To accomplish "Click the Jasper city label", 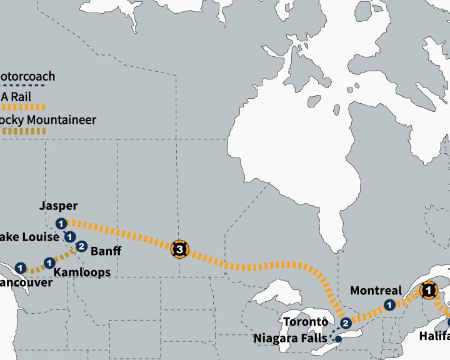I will coord(58,206).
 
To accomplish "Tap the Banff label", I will coord(106,252).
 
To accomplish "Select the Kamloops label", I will coord(82,272).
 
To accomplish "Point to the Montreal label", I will coord(376,291).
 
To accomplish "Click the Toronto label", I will coord(306,322).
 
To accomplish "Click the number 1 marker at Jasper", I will coord(61,224).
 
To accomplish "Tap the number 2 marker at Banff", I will coord(81,247).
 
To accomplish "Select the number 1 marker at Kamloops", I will coord(49,262).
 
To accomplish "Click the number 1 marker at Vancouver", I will coord(21,268).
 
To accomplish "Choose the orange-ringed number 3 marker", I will coord(180,250).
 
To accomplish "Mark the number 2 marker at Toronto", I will coord(346,322).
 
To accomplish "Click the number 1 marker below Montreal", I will coord(389,305).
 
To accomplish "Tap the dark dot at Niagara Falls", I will coord(338,339).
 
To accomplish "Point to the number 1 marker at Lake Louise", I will coord(70,236).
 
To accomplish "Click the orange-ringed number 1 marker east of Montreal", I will coord(429,289).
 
